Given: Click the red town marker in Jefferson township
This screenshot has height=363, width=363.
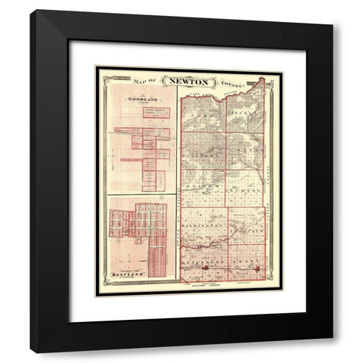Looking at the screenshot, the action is (206, 268).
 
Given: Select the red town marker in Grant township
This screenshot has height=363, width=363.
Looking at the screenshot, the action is (256, 268).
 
